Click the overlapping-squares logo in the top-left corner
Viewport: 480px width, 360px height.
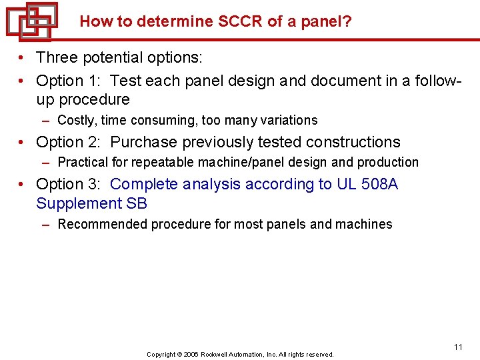click(x=31, y=21)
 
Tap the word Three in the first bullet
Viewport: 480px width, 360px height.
click(x=58, y=58)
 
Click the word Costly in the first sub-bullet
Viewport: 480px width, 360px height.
click(x=75, y=121)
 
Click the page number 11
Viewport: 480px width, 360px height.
click(x=458, y=347)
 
